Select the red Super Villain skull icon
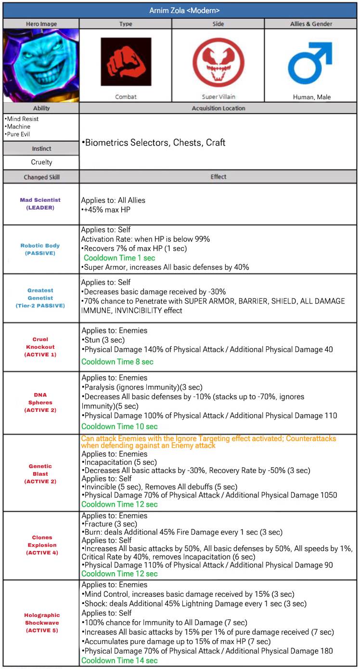pyautogui.click(x=218, y=62)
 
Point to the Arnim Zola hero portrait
pyautogui.click(x=41, y=65)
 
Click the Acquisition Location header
pyautogui.click(x=218, y=108)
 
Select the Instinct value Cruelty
pyautogui.click(x=41, y=162)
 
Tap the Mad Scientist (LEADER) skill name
pyautogui.click(x=40, y=203)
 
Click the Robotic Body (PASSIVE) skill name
pyautogui.click(x=40, y=249)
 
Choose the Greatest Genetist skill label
pyautogui.click(x=40, y=298)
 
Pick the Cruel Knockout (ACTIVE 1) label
pyautogui.click(x=40, y=347)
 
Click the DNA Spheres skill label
pyautogui.click(x=40, y=402)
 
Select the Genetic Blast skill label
pyautogui.click(x=40, y=473)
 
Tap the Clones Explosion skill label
pyautogui.click(x=40, y=545)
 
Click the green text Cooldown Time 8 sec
pyautogui.click(x=117, y=362)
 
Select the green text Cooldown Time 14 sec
pyautogui.click(x=119, y=660)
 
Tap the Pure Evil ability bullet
pyautogui.click(x=17, y=134)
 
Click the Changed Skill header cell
pyautogui.click(x=41, y=177)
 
